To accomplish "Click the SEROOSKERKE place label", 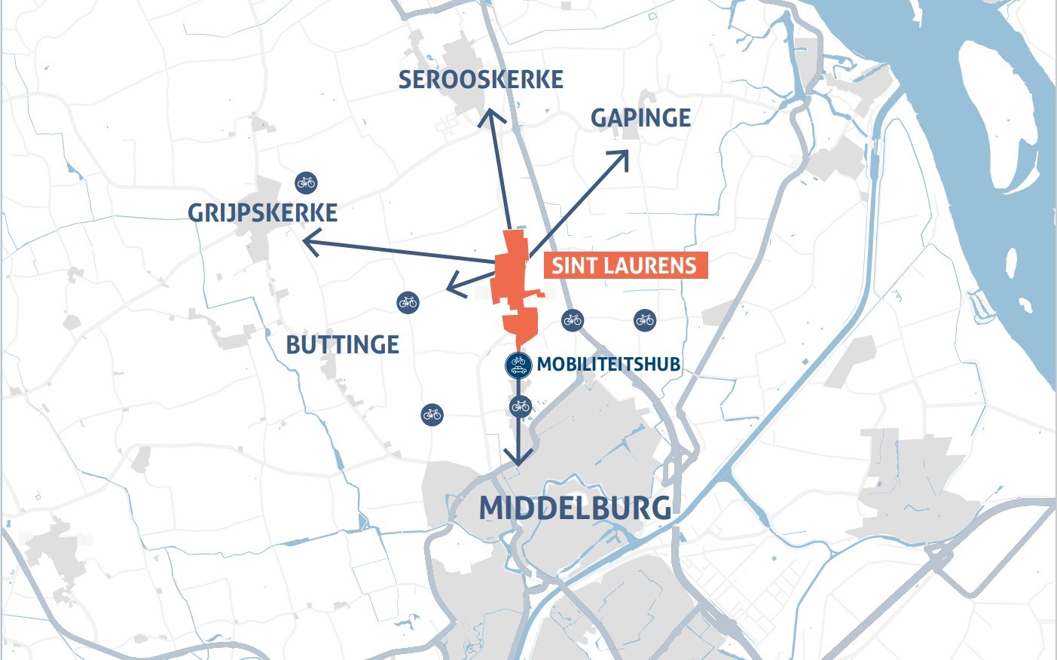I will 481,80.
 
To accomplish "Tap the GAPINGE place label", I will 640,118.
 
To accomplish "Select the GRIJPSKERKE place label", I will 262,213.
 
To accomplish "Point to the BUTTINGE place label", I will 343,345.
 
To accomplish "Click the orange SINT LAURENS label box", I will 625,265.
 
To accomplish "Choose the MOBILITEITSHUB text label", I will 608,365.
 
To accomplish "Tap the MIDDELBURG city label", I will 575,508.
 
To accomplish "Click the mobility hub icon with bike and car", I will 518,365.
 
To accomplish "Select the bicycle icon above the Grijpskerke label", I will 306,182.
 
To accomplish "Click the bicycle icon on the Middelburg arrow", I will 520,407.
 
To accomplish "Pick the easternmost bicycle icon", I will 644,320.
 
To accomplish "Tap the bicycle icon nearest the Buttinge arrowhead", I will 408,303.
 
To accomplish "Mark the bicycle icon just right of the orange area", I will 573,320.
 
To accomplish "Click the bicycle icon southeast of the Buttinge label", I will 432,414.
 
